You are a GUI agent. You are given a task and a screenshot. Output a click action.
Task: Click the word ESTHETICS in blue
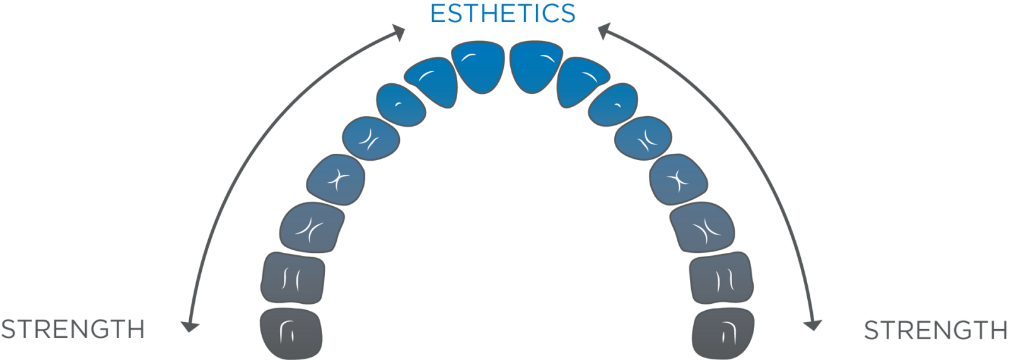pos(503,14)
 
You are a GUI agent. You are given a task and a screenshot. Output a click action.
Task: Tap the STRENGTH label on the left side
pos(73,329)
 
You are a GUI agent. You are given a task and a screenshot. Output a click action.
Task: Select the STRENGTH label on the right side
pos(935,330)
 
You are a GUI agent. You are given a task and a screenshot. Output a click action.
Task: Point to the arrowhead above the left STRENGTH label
pos(189,326)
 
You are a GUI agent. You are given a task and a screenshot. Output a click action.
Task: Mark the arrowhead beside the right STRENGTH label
pos(812,324)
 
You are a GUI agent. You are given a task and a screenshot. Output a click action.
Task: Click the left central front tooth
pos(481,67)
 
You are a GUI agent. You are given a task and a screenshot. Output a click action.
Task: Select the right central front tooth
pos(535,66)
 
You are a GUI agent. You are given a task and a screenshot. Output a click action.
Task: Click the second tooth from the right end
pos(721,277)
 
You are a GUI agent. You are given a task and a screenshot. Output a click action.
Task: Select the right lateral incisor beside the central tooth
pos(581,81)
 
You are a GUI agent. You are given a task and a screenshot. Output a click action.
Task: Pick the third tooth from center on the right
pos(613,105)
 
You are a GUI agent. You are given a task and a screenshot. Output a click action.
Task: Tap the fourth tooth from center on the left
pos(371,137)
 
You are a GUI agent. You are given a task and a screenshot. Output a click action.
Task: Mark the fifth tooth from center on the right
pos(678,180)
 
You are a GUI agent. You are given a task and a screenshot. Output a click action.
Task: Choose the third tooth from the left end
pos(312,228)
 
